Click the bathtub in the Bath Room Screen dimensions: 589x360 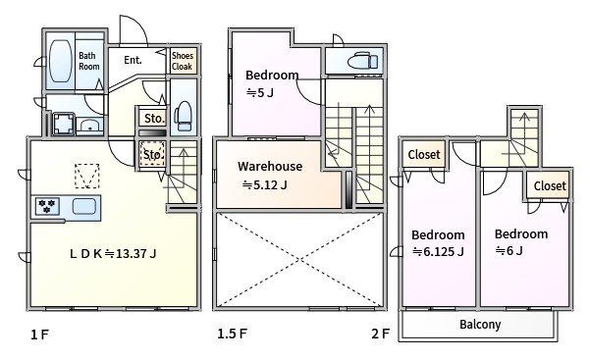[61, 61]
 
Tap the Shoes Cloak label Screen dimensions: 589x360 [183, 61]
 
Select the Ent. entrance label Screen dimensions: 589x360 [133, 60]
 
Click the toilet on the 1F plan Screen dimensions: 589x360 [184, 116]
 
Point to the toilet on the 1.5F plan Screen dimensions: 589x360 [362, 61]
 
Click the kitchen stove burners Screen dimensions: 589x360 [47, 206]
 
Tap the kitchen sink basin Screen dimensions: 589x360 [84, 206]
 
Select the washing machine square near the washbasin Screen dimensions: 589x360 [63, 124]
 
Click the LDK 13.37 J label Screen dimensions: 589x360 [113, 254]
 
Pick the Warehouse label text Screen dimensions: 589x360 [270, 167]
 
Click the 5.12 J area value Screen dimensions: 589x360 [265, 184]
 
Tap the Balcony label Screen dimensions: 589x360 [480, 325]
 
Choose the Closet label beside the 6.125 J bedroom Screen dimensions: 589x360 [424, 154]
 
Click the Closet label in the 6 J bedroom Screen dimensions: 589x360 [550, 185]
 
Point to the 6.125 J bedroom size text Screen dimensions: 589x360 [438, 251]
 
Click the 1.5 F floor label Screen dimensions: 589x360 [232, 334]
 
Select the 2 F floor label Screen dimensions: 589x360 [381, 334]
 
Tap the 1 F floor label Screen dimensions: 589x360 [40, 334]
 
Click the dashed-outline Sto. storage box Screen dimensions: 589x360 [152, 154]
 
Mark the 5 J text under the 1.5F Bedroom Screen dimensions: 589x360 [259, 92]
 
